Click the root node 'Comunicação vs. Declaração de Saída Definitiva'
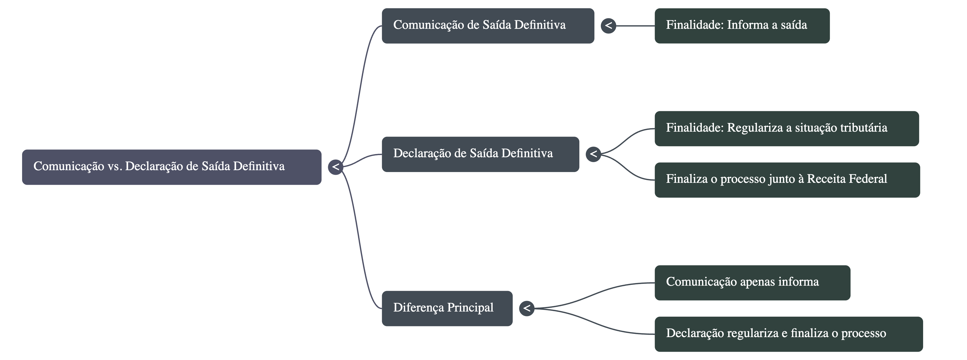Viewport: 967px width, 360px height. (171, 167)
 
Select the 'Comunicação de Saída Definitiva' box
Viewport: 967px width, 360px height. (488, 26)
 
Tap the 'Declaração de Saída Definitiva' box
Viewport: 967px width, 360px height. (480, 154)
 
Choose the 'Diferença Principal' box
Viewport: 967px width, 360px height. (447, 308)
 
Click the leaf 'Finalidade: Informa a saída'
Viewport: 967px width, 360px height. (742, 26)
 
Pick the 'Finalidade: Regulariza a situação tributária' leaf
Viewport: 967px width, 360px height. (786, 128)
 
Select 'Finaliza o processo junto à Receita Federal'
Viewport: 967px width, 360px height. (787, 180)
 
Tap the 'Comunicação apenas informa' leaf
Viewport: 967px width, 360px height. (752, 283)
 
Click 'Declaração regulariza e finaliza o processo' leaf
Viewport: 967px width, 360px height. (788, 334)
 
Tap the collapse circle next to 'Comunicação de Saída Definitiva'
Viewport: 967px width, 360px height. (608, 26)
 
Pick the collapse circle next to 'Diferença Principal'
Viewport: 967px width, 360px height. (527, 308)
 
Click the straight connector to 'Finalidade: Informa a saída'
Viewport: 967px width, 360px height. (635, 26)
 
